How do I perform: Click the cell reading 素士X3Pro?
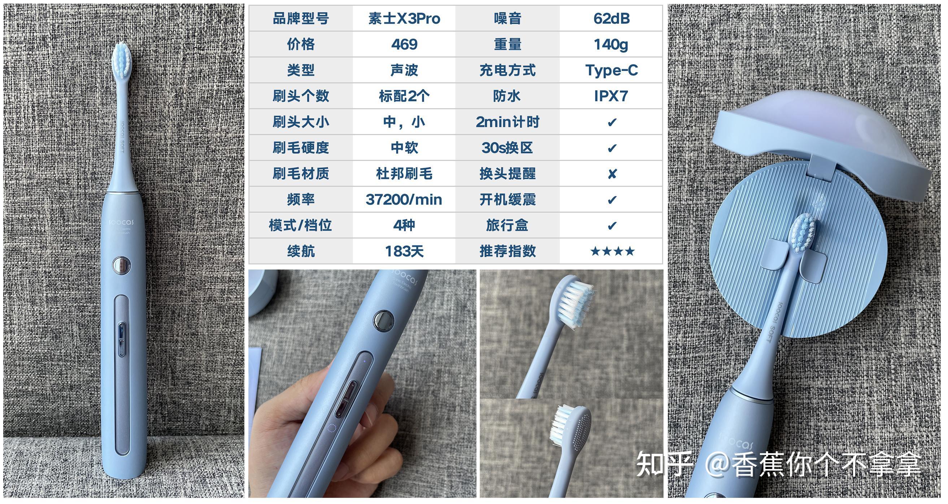pos(404,18)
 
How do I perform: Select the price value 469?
pos(404,44)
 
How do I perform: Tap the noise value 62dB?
pos(611,18)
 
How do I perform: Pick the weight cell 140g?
pos(611,44)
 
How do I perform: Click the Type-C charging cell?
pos(611,70)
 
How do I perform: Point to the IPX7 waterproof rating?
pos(611,96)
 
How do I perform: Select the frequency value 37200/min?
pos(404,200)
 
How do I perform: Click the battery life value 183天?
pos(404,251)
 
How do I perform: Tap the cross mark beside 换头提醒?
pos(612,174)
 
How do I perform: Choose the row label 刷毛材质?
pos(301,174)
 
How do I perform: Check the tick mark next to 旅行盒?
pos(612,225)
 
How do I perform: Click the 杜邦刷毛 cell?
pos(404,174)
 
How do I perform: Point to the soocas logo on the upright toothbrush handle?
pos(122,222)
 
